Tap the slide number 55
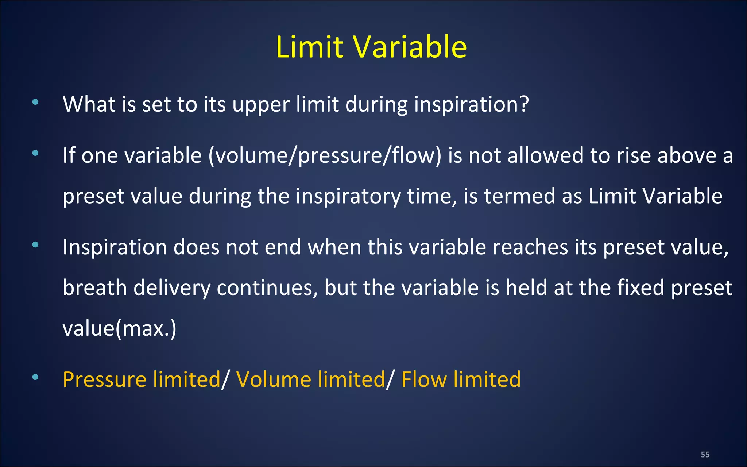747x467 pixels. [705, 455]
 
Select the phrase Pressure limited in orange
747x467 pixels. [142, 379]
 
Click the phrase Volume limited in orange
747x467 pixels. [311, 379]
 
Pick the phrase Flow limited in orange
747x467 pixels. [461, 379]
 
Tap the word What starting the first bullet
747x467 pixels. [89, 104]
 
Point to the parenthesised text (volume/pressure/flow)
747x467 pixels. [325, 156]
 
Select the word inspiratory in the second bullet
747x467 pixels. [348, 197]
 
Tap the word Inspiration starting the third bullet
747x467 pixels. [115, 247]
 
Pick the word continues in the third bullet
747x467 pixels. [267, 288]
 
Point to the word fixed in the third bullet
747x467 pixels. [641, 288]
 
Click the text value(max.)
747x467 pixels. [119, 328]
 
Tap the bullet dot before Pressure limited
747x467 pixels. [35, 377]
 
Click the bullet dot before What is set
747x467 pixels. [35, 103]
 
